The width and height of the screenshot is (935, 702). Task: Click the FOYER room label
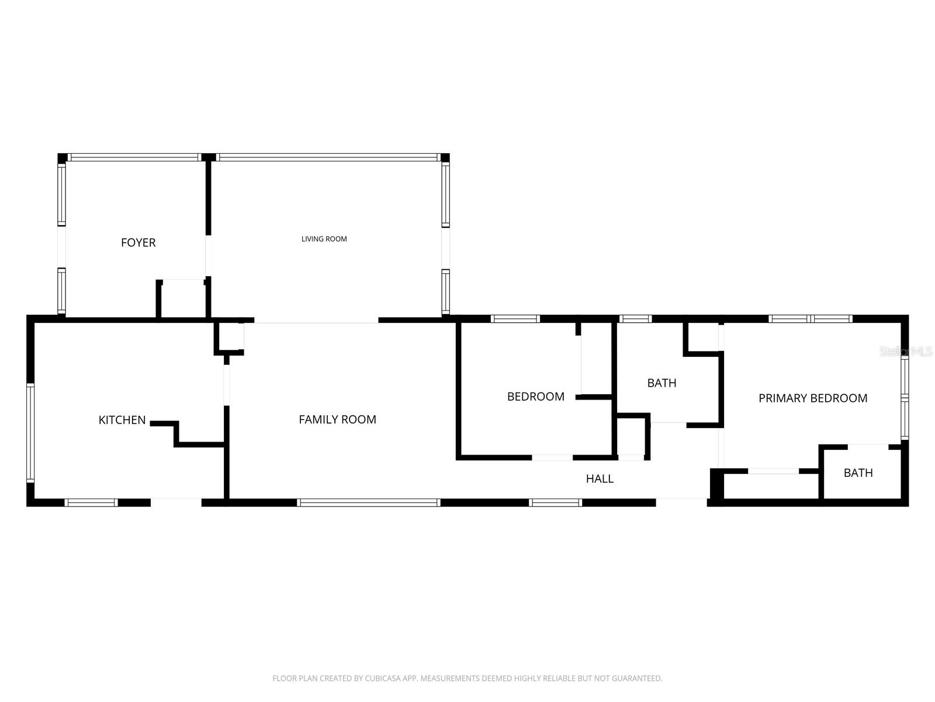point(138,243)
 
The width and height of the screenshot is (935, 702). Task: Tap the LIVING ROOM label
point(324,239)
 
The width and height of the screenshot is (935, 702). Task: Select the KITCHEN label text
point(122,420)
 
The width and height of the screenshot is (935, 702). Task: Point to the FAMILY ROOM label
point(337,419)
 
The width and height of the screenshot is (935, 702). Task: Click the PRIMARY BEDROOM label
point(812,398)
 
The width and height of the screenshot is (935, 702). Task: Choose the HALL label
point(600,479)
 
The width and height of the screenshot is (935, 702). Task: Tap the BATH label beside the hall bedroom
point(662,383)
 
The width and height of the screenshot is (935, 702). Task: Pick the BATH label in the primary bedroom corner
point(858,473)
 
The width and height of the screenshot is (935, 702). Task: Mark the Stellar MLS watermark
point(906,352)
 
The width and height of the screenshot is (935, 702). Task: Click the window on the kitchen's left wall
point(30,433)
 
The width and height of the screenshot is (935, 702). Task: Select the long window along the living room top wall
point(328,157)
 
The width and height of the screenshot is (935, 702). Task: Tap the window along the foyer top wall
point(134,157)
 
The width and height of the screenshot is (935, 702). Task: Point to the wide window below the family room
point(368,503)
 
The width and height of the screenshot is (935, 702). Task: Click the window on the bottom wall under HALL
point(555,503)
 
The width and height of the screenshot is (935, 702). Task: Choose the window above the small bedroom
point(515,319)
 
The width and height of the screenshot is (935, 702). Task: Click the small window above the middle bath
point(635,319)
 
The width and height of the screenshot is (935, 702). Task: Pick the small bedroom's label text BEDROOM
point(535,397)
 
